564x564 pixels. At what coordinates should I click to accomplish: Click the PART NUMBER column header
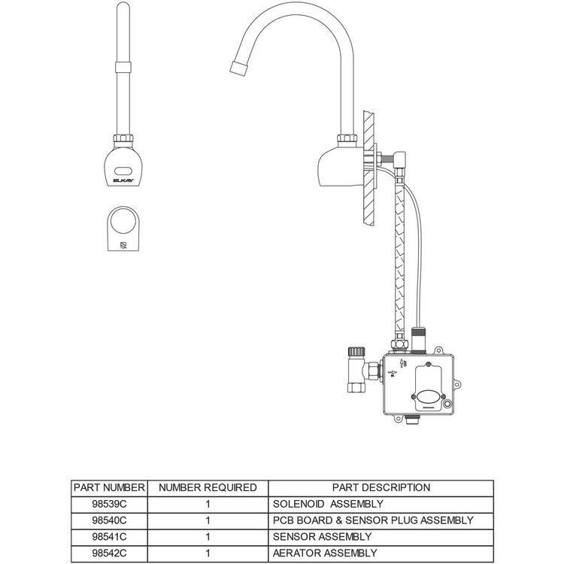coord(109,487)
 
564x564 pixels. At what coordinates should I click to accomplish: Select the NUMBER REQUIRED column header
coord(208,487)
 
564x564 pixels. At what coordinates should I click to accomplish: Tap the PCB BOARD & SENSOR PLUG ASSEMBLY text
coord(373,520)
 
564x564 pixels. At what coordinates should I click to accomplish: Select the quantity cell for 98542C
coord(208,553)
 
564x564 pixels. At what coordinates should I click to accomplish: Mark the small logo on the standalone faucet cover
coord(123,244)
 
